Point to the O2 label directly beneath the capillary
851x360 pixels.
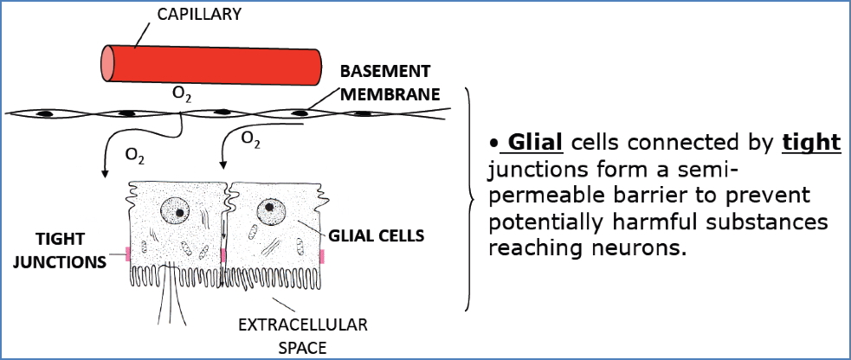(182, 93)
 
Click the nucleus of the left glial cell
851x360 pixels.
(177, 210)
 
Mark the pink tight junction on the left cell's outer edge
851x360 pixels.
(126, 254)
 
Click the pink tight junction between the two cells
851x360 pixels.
(223, 255)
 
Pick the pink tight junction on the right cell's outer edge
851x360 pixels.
(322, 255)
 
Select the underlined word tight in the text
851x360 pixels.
(811, 142)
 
